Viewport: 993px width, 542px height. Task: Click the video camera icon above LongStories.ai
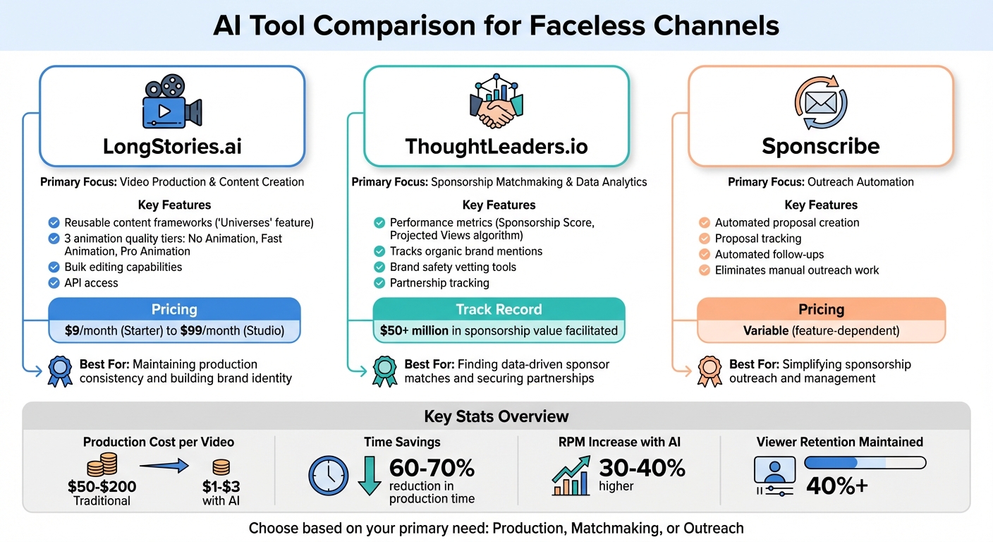click(172, 103)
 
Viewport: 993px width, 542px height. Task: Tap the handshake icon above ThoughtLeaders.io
click(496, 102)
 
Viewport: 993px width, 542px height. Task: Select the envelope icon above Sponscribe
click(820, 103)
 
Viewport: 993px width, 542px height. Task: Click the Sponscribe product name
click(821, 146)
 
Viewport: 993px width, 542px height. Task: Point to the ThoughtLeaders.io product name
click(496, 146)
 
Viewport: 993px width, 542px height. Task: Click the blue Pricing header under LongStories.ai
click(174, 309)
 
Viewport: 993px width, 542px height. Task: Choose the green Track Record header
click(499, 309)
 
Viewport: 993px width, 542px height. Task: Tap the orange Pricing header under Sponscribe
click(821, 309)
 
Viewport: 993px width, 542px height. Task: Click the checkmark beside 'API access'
click(54, 283)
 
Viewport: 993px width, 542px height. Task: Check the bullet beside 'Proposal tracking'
click(704, 239)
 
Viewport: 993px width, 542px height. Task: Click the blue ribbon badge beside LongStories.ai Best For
click(59, 371)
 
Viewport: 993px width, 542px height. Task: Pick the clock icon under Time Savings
click(329, 475)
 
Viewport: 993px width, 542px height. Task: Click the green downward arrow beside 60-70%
click(369, 476)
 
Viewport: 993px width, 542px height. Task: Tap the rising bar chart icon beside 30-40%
click(571, 475)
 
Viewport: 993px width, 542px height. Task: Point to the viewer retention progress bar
click(865, 463)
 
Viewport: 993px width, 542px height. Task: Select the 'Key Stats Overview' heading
click(496, 416)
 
